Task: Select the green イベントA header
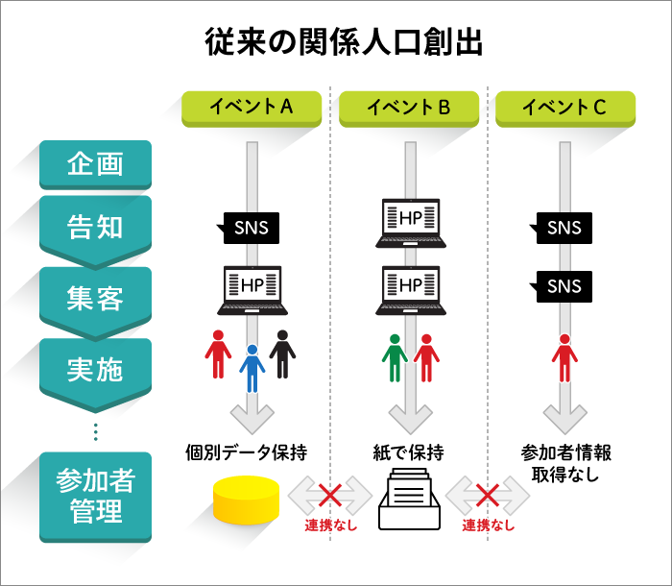point(251,108)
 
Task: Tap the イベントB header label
point(409,108)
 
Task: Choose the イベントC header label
point(564,108)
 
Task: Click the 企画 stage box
point(95,164)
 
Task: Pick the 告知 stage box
point(95,229)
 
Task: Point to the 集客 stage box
point(95,299)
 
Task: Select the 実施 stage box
point(95,368)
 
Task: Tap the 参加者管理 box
point(95,495)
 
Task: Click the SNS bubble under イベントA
point(251,229)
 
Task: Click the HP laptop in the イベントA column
point(251,289)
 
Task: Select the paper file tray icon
point(408,500)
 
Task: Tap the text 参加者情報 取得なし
point(565,462)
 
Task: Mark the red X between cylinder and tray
point(329,496)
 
